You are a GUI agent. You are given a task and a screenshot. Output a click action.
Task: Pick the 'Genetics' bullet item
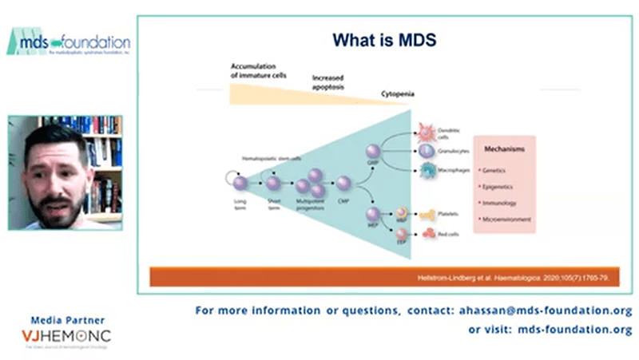pyautogui.click(x=495, y=170)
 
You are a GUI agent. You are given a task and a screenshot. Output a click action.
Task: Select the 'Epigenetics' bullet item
pyautogui.click(x=499, y=186)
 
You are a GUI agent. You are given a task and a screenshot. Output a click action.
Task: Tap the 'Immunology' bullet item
pyautogui.click(x=499, y=202)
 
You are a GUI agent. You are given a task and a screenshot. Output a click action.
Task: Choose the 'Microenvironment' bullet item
pyautogui.click(x=505, y=218)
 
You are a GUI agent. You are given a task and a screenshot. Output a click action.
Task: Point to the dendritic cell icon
pyautogui.click(x=424, y=130)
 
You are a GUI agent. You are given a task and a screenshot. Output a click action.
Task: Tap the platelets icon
pyautogui.click(x=426, y=214)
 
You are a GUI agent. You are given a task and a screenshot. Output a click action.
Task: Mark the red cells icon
pyautogui.click(x=426, y=235)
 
